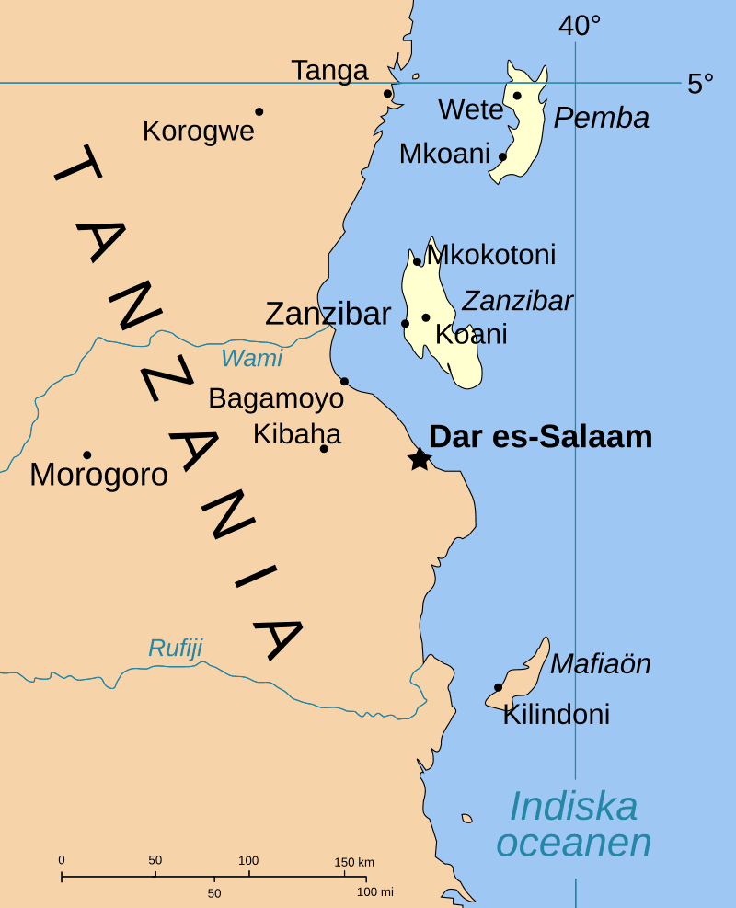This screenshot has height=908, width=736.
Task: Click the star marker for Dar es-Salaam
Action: click(420, 458)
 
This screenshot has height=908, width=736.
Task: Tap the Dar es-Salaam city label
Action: click(541, 437)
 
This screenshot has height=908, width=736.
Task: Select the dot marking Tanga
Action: click(387, 93)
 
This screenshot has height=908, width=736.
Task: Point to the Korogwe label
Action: click(198, 132)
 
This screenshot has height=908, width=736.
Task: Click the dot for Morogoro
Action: click(87, 454)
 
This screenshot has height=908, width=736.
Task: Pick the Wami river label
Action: click(251, 358)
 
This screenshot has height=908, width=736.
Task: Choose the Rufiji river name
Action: click(175, 649)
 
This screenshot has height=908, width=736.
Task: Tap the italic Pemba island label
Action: click(602, 118)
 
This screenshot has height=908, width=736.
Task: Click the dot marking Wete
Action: click(517, 96)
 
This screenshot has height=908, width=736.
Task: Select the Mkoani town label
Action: click(444, 154)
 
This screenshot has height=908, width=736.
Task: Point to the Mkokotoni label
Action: click(492, 255)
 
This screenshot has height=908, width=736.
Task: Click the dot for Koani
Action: click(426, 317)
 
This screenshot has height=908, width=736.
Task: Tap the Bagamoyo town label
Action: click(276, 398)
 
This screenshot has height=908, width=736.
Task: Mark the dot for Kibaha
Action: click(324, 448)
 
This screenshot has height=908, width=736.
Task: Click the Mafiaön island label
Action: click(601, 663)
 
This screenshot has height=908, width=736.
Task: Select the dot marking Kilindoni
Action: click(498, 687)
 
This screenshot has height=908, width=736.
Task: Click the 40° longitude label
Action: click(579, 26)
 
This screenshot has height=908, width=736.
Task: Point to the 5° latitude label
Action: click(700, 84)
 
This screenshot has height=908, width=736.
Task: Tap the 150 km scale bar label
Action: click(353, 862)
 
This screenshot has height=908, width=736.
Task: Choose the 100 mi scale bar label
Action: click(374, 891)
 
